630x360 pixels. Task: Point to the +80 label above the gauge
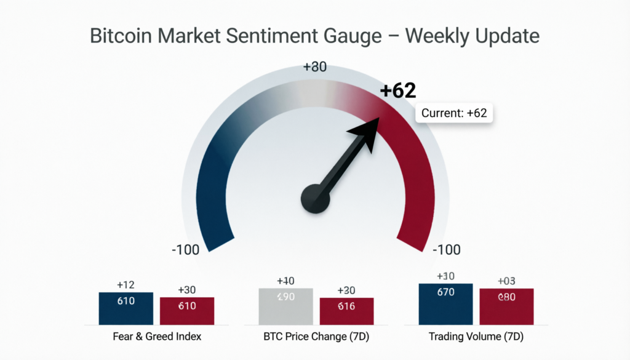[x=315, y=68]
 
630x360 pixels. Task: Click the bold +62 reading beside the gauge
[x=398, y=91]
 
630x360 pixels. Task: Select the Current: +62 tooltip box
[x=455, y=113]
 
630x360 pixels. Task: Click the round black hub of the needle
[x=316, y=199]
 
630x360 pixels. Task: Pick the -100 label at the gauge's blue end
[x=185, y=250]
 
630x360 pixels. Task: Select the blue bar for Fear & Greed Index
[x=126, y=308]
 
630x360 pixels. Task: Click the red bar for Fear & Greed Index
[x=187, y=310]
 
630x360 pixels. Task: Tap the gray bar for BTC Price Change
[x=285, y=306]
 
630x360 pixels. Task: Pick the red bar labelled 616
[x=346, y=311]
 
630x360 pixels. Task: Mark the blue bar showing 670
[x=445, y=304]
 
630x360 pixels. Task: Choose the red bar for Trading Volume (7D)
[x=506, y=306]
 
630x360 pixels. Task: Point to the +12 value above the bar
[x=126, y=285]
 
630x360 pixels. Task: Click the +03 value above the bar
[x=506, y=281]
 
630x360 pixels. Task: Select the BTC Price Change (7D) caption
[x=315, y=337]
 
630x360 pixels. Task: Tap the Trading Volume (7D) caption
[x=476, y=337]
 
